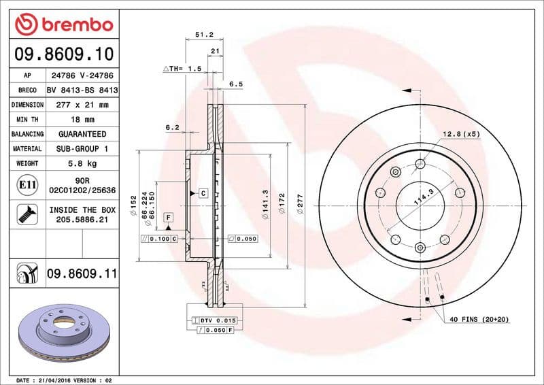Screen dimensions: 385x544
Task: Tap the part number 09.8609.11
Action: (82, 274)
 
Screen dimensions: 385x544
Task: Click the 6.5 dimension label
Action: (236, 84)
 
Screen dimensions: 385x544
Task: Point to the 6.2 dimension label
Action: (172, 127)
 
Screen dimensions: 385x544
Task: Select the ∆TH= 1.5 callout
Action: (182, 69)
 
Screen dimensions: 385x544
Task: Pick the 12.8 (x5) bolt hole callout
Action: (461, 134)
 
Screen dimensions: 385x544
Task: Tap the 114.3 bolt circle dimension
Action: (424, 198)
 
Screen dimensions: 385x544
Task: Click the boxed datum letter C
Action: (203, 194)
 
